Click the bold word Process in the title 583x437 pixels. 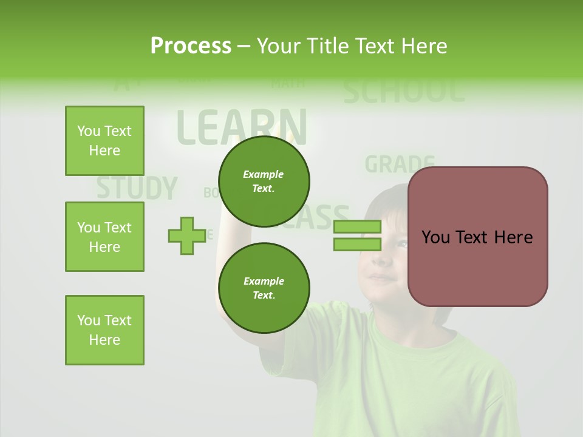point(191,46)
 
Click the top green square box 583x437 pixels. point(104,141)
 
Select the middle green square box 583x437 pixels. point(104,237)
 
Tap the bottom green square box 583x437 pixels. point(104,330)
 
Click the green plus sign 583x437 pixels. point(187,236)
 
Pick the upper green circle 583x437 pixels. point(264,181)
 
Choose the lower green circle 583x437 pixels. point(264,288)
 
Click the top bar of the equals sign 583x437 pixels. point(357,226)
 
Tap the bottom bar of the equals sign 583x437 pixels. point(357,244)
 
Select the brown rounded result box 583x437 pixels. point(477,237)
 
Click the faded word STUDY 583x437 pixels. point(137,188)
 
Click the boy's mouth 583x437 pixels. point(381,279)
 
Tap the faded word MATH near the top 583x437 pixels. point(288,83)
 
